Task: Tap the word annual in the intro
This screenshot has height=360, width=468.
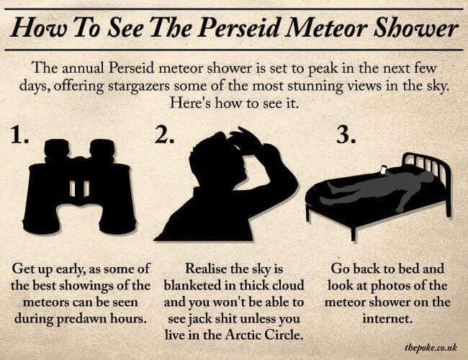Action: (x=88, y=70)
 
